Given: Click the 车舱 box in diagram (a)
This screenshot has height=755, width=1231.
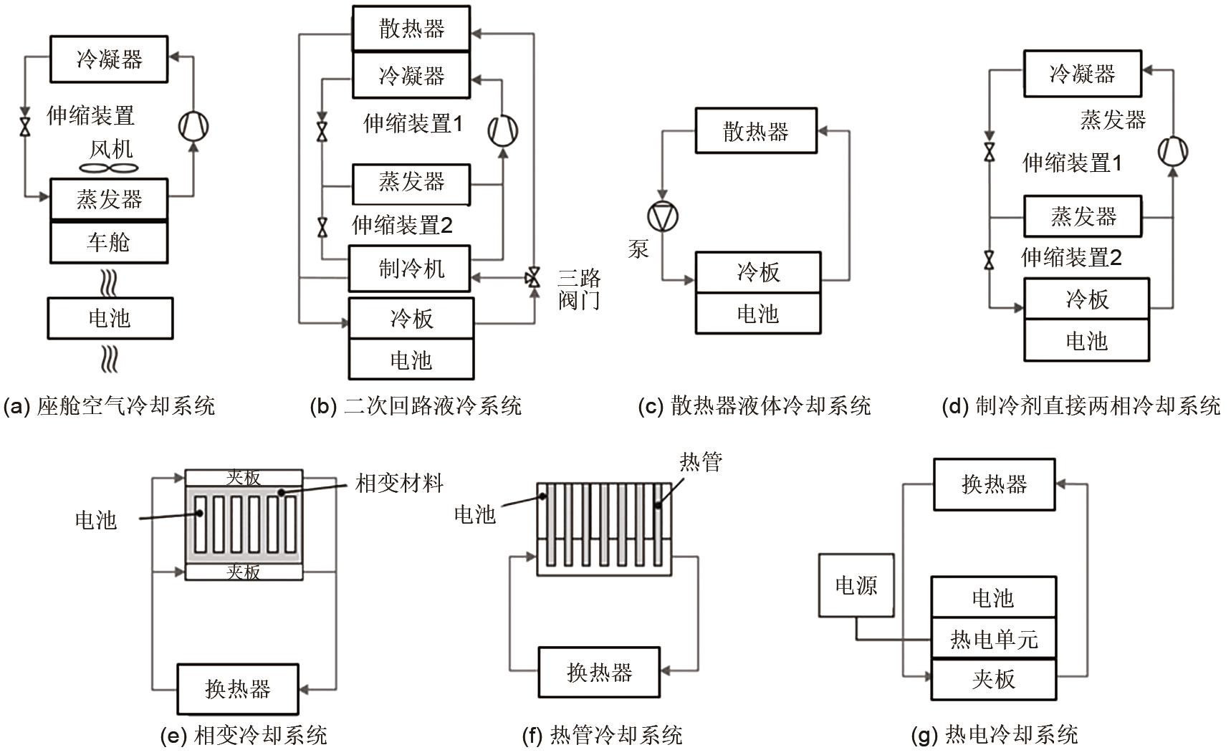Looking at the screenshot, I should point(109,242).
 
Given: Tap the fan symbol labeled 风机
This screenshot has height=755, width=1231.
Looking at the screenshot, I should point(109,168).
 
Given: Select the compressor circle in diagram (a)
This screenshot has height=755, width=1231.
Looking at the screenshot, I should point(193,126).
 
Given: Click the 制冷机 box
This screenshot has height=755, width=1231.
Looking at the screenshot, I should point(410,269).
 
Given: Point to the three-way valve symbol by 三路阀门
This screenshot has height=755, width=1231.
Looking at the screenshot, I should point(533,278).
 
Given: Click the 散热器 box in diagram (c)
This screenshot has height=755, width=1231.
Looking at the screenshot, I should point(756,131).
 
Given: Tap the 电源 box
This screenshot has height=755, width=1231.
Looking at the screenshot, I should point(856,585).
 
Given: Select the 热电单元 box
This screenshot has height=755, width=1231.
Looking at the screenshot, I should point(994,638).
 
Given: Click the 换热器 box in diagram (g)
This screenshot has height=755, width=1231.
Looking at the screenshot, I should point(994,485).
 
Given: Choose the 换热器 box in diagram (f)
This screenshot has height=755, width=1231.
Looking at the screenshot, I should point(599,672).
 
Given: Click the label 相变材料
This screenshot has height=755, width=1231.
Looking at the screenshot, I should point(400,484).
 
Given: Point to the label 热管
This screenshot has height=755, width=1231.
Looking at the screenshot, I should point(701,462).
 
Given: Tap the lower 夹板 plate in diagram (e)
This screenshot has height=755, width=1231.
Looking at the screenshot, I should point(244,572).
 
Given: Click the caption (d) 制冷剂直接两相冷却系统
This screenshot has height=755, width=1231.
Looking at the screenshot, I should point(1081,406).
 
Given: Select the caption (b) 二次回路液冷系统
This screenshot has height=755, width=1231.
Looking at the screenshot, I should point(416,406).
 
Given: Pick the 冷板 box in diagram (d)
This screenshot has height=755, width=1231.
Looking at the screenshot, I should point(1086,299).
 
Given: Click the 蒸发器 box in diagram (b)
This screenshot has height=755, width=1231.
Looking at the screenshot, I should point(411,183).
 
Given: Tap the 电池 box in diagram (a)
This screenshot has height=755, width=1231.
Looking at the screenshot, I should point(110,318).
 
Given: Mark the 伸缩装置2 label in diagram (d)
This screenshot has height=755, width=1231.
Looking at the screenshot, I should point(1071,257).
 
